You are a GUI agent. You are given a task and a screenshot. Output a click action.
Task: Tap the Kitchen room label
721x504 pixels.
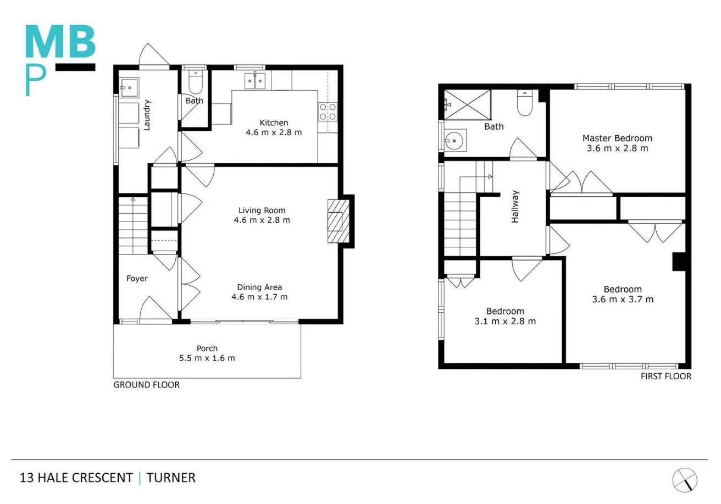274,123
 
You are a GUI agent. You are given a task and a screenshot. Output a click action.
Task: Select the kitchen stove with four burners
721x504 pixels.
328,112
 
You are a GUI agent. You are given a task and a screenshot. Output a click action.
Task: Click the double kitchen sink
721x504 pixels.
256,81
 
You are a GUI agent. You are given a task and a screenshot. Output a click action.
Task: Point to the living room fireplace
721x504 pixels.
338,221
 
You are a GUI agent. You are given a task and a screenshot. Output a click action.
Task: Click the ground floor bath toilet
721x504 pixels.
195,82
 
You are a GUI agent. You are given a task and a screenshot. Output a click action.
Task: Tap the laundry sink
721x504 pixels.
130,87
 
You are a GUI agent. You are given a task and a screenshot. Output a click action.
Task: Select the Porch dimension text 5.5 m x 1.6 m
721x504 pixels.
207,358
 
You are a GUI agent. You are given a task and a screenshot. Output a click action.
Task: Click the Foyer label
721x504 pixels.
137,279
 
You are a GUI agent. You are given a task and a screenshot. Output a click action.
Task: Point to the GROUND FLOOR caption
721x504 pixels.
146,385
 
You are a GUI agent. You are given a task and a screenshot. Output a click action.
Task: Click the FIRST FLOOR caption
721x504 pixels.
665,376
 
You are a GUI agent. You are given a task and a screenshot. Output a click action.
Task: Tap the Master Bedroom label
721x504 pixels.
617,139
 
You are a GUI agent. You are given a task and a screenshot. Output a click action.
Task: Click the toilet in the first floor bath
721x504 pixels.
525,103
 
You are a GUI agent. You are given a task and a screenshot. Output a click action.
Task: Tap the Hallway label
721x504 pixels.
515,207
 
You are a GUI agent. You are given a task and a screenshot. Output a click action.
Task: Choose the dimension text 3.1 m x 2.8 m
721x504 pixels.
504,322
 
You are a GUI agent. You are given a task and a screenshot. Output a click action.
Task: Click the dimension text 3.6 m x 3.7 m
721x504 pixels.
623,300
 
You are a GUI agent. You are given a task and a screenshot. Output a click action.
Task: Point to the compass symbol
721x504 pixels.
684,480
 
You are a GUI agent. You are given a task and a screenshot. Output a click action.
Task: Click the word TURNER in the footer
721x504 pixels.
171,478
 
